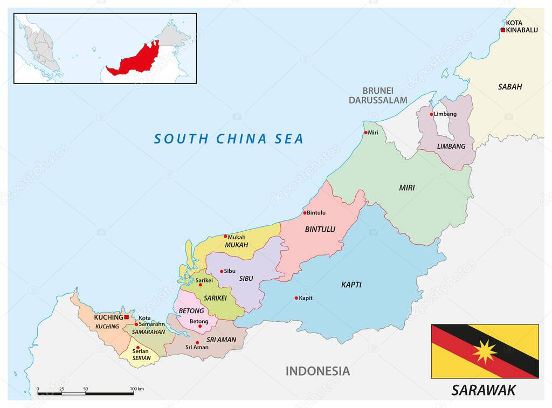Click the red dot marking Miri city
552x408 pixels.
[x=366, y=133]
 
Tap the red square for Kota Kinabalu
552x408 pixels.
[x=503, y=30]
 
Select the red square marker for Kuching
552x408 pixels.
[x=127, y=317]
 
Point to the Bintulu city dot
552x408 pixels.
[x=305, y=213]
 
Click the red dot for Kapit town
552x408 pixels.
[x=296, y=298]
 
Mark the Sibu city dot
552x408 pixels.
[x=222, y=272]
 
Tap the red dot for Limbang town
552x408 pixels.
[x=431, y=114]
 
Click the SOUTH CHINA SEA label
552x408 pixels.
[x=229, y=139]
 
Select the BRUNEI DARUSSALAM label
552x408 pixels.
[x=377, y=95]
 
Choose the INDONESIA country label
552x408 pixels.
[x=318, y=371]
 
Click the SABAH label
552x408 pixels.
[x=510, y=86]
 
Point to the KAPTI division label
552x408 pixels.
[x=351, y=285]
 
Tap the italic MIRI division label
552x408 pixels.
[x=407, y=188]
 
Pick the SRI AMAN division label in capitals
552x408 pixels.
[x=221, y=339]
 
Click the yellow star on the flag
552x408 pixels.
[x=485, y=352]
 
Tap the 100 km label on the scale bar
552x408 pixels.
[x=137, y=389]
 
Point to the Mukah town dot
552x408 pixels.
[x=225, y=236]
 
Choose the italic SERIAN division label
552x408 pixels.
[x=141, y=358]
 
